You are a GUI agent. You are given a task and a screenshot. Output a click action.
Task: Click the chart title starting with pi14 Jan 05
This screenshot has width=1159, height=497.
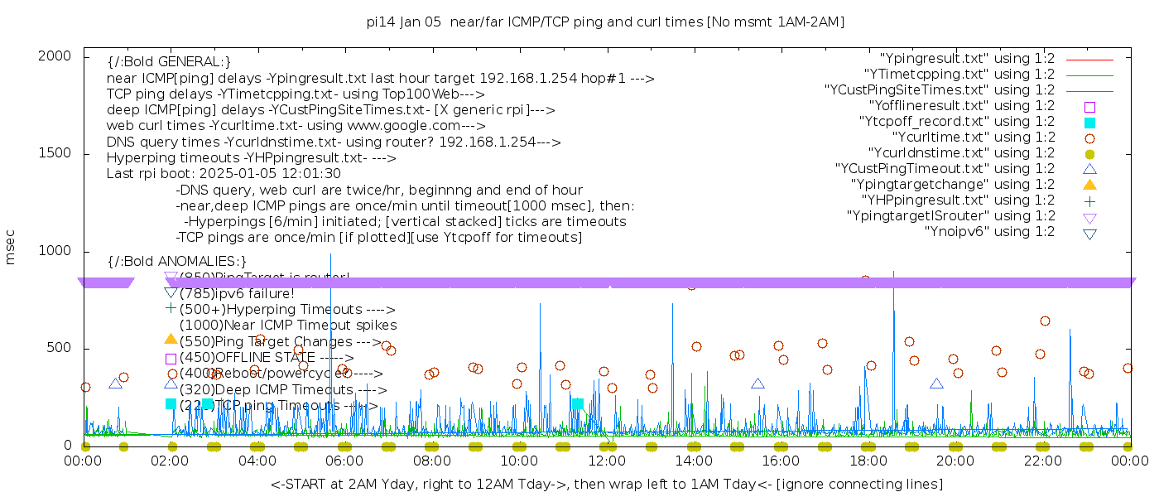point(605,22)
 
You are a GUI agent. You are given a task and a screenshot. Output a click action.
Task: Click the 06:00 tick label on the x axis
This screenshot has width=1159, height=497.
point(344,460)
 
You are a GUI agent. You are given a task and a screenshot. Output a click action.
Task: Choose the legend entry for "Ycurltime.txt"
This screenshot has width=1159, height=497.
point(973,138)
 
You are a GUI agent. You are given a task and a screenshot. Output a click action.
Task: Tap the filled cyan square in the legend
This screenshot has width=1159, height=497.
point(1089,123)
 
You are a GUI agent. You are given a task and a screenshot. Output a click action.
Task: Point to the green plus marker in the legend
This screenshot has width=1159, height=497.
point(1089,200)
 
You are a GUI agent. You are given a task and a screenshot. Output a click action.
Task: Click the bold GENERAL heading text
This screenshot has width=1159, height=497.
point(169,62)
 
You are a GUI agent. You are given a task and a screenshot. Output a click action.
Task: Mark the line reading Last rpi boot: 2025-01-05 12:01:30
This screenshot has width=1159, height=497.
point(224,174)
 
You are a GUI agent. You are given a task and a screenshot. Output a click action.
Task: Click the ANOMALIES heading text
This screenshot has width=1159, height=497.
point(177,262)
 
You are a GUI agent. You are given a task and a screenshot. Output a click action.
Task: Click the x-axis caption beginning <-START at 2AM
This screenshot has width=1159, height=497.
point(606,484)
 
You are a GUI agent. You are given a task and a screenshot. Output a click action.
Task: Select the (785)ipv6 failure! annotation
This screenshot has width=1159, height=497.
point(237,293)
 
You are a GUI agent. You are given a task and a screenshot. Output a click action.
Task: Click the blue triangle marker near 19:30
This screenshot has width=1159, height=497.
point(936,384)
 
